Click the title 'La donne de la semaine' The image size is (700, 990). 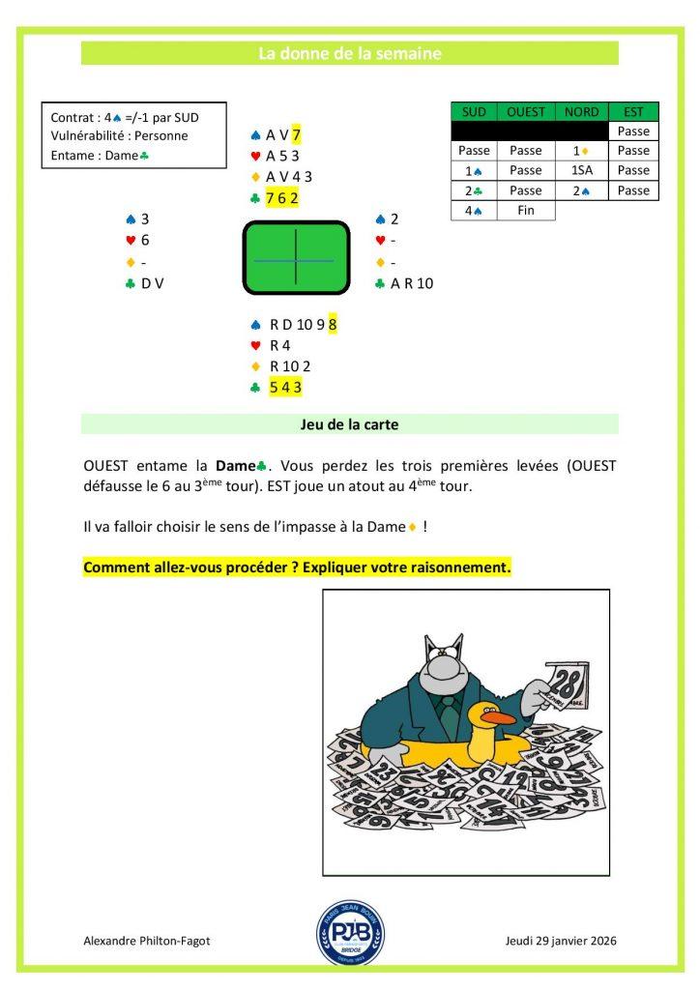(x=349, y=54)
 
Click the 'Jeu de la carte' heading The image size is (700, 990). (x=349, y=423)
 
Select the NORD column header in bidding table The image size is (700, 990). (x=583, y=112)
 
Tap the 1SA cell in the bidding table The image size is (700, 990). (x=583, y=170)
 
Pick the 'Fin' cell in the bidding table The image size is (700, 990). (x=526, y=210)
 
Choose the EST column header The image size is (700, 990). (x=633, y=112)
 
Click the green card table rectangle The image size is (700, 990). (x=295, y=258)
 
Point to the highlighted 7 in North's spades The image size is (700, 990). (x=297, y=135)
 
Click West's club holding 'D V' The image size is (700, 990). (x=152, y=283)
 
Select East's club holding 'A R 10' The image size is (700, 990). (x=412, y=283)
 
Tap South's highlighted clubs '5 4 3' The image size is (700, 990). (x=286, y=387)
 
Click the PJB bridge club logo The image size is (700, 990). (x=350, y=935)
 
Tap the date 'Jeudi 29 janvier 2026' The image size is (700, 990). (x=561, y=941)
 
